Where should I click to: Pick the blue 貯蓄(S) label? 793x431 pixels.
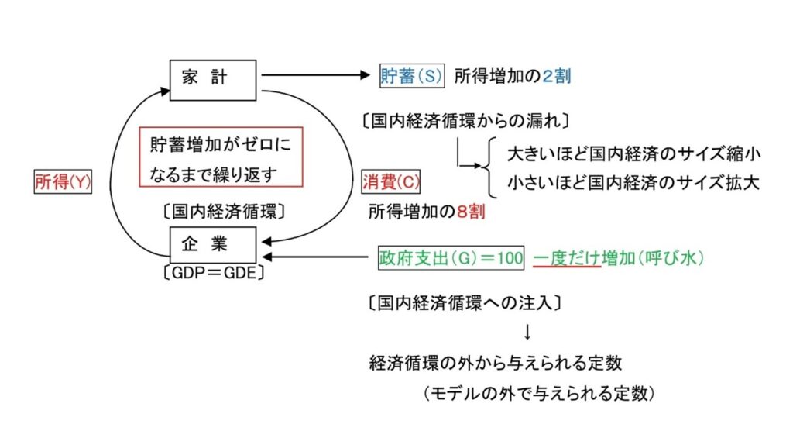pyautogui.click(x=410, y=76)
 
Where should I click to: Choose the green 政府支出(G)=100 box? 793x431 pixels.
pyautogui.click(x=451, y=257)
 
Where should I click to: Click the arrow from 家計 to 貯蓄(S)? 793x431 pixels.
pyautogui.click(x=318, y=76)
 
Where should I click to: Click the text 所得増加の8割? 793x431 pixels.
pyautogui.click(x=427, y=210)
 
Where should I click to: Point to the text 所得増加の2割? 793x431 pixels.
pyautogui.click(x=512, y=76)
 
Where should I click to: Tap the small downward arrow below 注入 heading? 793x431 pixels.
pyautogui.click(x=527, y=333)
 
